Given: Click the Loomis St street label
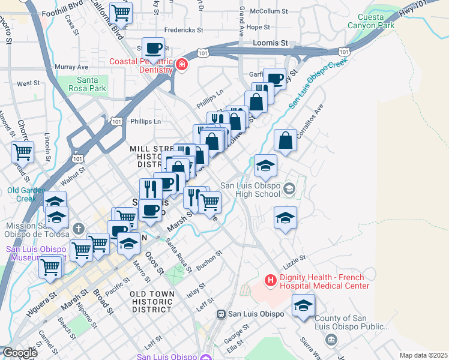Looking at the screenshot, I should tap(271, 43).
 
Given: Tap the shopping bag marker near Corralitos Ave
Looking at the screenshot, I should tap(286, 141).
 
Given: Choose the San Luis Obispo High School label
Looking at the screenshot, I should tap(250, 190).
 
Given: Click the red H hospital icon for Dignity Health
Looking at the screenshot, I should tap(270, 280).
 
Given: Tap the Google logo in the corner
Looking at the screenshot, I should tap(19, 353).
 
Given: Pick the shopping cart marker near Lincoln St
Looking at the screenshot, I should tap(23, 152).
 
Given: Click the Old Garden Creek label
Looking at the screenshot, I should tap(25, 194).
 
